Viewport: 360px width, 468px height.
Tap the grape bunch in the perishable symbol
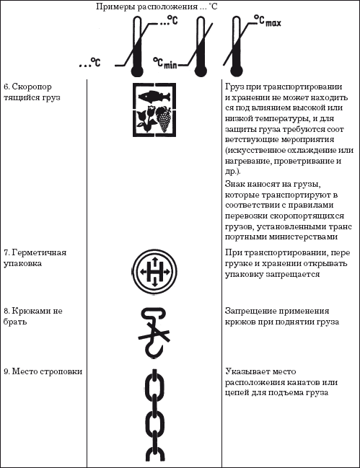(x=164, y=120)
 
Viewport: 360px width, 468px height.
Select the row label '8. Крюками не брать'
(x=34, y=315)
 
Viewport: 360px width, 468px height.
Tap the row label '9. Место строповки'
(x=43, y=371)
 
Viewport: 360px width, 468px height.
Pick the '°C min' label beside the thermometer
(x=165, y=64)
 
